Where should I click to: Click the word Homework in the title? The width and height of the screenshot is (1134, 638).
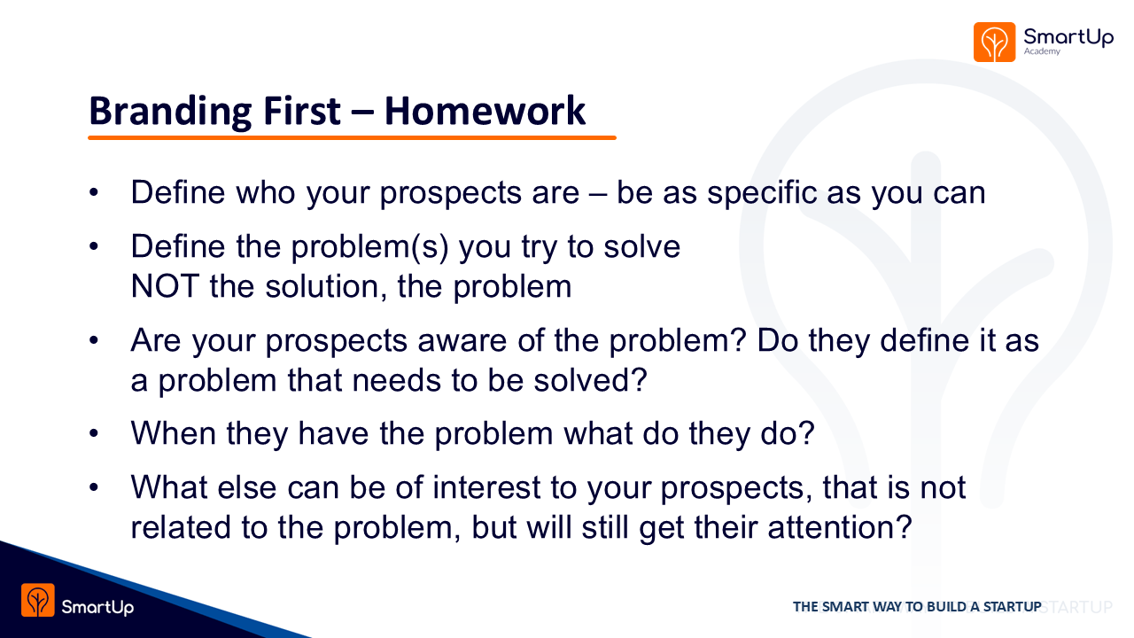click(x=485, y=111)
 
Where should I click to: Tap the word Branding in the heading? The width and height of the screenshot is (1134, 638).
click(x=170, y=113)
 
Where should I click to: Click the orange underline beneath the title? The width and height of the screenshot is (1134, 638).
click(x=352, y=137)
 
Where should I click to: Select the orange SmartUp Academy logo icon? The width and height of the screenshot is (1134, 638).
click(x=994, y=42)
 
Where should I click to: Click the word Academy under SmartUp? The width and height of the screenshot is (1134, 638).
click(x=1042, y=51)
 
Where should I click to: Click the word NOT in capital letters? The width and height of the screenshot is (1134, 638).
click(x=165, y=286)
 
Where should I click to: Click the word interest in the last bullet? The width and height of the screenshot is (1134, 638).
click(x=486, y=487)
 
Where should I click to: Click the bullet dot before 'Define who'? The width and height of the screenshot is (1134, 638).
click(x=94, y=193)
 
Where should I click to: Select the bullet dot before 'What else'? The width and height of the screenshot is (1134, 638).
click(x=94, y=487)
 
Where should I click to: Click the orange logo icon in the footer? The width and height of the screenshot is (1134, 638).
click(x=38, y=600)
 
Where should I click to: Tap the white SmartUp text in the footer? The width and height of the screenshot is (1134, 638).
click(x=97, y=607)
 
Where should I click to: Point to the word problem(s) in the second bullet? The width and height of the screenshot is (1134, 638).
click(x=369, y=248)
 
